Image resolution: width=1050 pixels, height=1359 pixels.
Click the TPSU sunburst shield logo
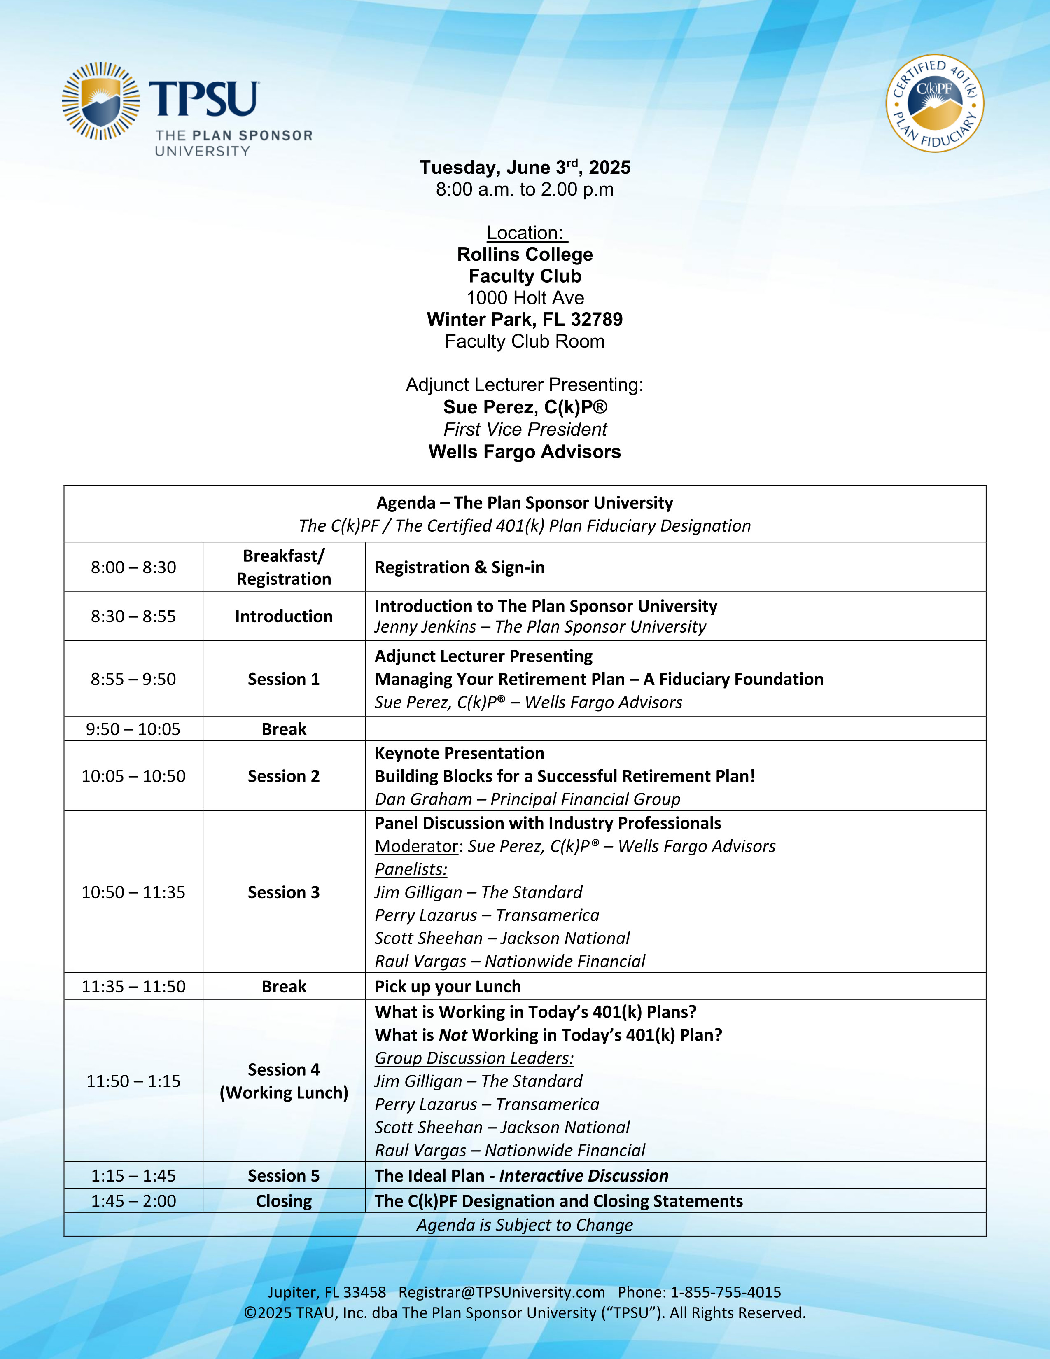[x=101, y=101]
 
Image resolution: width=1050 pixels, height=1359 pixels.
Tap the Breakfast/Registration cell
[x=284, y=567]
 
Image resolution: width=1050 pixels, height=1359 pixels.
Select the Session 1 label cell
[x=284, y=679]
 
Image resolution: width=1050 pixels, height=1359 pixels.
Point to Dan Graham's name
[x=423, y=799]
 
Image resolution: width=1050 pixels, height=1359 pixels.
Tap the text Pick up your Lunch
[x=448, y=986]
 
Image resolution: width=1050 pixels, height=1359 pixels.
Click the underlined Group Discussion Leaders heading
[x=474, y=1058]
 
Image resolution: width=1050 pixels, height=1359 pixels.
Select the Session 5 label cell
[x=284, y=1175]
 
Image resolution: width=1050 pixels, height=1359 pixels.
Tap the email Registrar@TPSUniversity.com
[x=502, y=1292]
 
